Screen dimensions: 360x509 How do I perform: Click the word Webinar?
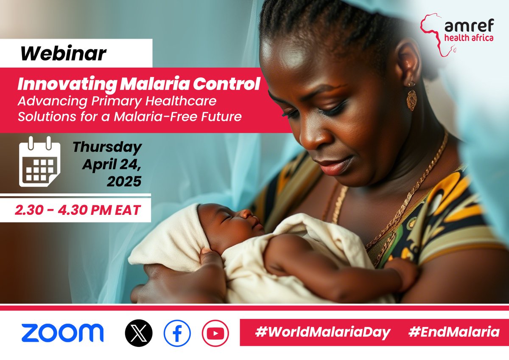click(x=64, y=53)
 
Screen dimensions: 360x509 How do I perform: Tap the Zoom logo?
click(x=62, y=332)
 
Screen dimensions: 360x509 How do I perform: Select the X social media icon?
click(x=139, y=333)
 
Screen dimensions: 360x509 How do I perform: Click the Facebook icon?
click(x=177, y=333)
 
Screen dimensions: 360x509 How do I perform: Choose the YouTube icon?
click(x=215, y=333)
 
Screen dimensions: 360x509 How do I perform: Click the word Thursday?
click(x=107, y=148)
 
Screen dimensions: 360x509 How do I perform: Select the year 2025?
click(x=124, y=182)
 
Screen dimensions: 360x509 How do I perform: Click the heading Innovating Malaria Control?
click(x=138, y=84)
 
